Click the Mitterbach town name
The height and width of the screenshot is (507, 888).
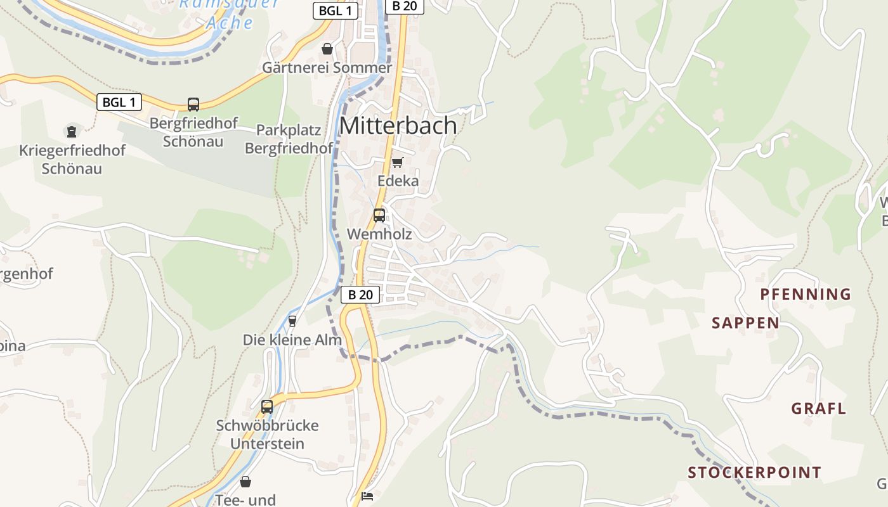pos(398,125)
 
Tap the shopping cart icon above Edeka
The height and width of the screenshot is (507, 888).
pos(398,162)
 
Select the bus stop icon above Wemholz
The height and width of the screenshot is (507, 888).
pos(379,215)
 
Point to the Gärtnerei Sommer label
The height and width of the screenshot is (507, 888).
pos(327,68)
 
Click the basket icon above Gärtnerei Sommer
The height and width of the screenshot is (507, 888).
pos(327,49)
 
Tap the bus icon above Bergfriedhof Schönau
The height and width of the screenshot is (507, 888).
pos(193,104)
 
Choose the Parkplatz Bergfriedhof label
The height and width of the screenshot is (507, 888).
pos(289,139)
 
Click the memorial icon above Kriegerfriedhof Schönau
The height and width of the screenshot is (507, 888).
pos(72,132)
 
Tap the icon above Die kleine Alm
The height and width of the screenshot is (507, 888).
pos(292,321)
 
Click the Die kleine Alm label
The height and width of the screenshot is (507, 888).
pos(292,340)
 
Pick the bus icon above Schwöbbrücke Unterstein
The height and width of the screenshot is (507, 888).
pos(267,406)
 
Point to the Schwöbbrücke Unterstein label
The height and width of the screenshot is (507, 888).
pos(267,434)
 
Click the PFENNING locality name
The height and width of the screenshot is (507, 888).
pos(806,294)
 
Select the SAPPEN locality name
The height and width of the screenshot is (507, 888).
pos(745,323)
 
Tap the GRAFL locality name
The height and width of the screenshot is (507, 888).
pos(818,409)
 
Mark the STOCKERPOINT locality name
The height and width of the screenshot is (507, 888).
pos(754,473)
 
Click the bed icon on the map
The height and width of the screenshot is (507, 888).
pos(367,496)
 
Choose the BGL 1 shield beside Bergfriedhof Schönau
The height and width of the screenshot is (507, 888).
pos(119,102)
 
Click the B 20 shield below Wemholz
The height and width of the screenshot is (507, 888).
pos(360,295)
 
